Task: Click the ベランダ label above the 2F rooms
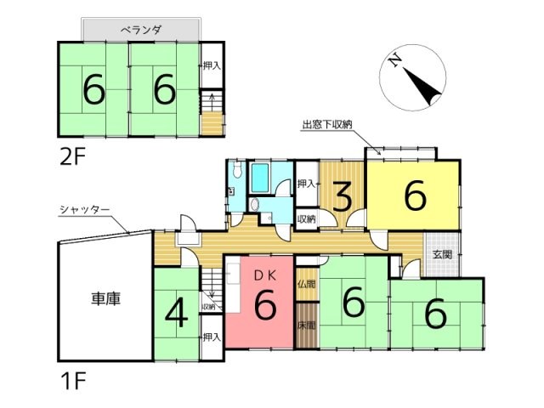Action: tap(141, 30)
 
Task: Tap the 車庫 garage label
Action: tap(105, 300)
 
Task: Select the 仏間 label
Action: tap(306, 283)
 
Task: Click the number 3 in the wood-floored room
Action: tap(342, 197)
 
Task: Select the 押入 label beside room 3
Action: tap(307, 184)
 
